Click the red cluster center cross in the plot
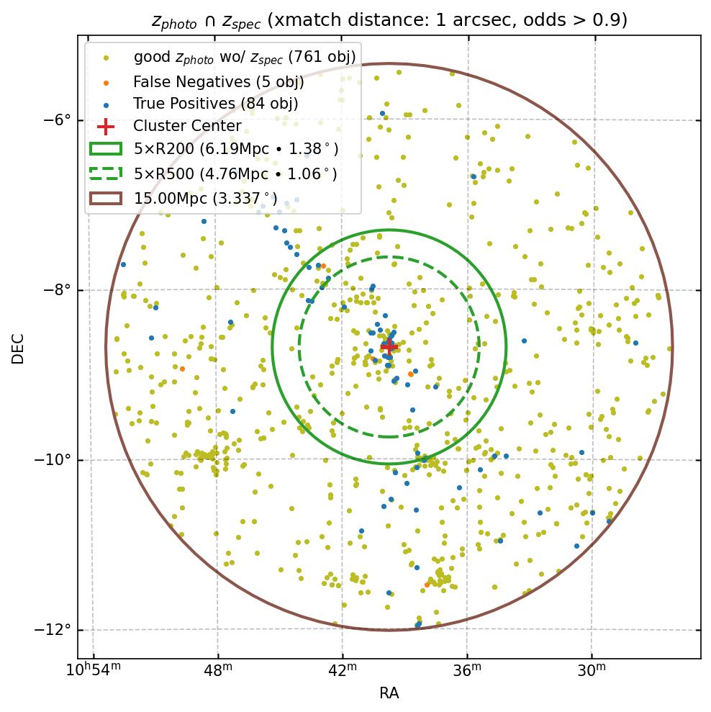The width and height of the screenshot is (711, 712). tap(389, 346)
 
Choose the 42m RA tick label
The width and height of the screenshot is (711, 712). tap(342, 670)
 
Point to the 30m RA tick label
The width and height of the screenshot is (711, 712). tap(592, 670)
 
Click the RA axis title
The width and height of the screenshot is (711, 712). tap(389, 693)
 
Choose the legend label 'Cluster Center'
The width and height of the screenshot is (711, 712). tap(187, 127)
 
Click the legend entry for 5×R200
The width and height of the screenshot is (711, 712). tap(236, 150)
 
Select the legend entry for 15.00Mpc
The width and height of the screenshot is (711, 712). tap(206, 197)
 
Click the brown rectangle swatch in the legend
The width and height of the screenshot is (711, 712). tap(105, 197)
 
